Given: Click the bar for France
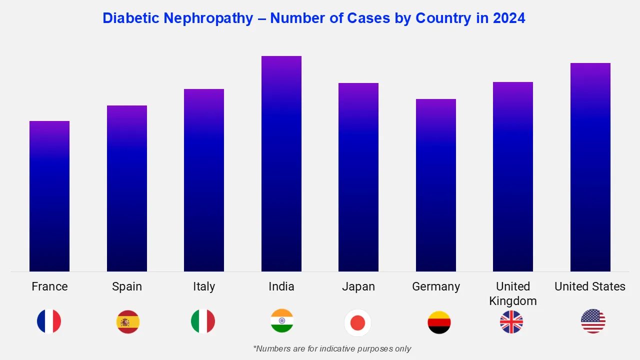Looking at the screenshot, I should coord(49,196).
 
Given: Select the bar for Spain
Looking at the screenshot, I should coord(127,188).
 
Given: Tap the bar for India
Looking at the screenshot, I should coord(281,163).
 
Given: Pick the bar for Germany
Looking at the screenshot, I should coord(436,185).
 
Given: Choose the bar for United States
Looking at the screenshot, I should coord(590,167).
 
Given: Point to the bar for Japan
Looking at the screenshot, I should coord(358,177).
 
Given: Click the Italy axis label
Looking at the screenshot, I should coord(204,286).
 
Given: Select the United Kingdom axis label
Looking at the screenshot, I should coord(513,293).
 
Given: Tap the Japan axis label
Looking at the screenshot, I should coord(358,286).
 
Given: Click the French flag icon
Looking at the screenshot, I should coord(49,321).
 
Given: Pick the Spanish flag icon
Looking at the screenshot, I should coord(128,321).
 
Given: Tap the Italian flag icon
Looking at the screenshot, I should coord(203,321).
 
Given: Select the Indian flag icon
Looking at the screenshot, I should coord(282,321).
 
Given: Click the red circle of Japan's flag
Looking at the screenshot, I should coord(358,323).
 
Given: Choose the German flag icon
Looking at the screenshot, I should coord(439,322).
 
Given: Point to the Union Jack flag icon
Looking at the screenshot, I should coord(511,321).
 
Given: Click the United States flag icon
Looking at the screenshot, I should coord(593,321).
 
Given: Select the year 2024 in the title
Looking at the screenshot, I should coord(509,18).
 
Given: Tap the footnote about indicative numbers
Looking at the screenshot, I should coord(332,348).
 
